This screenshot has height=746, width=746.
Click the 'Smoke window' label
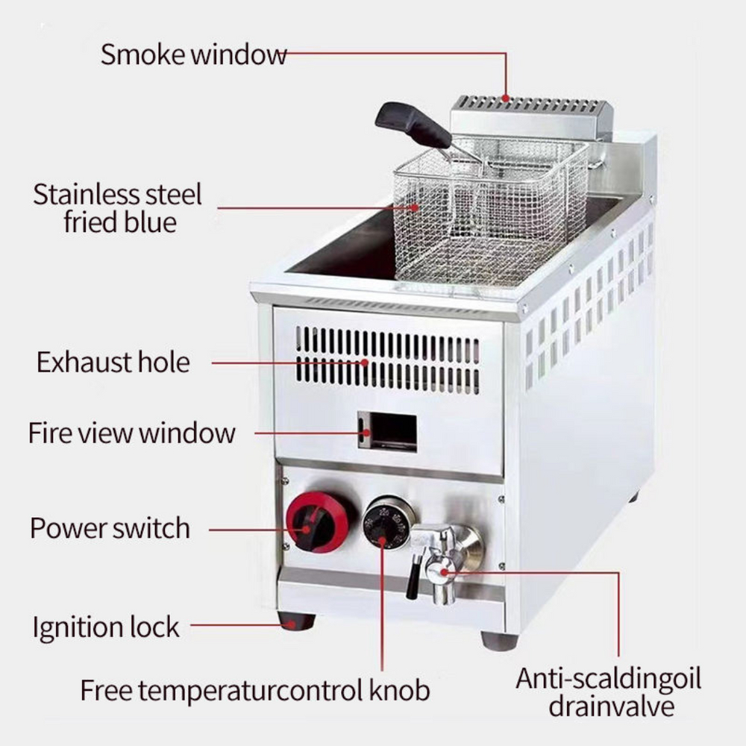coord(194,54)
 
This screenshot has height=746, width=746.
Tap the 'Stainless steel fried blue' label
coord(118,208)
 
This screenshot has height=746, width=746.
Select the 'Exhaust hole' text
coord(113,362)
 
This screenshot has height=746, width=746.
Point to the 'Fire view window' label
coord(132,433)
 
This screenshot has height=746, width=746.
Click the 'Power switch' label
coord(110,528)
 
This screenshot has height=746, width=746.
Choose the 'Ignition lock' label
coord(106,627)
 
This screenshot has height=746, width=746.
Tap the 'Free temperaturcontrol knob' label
coord(255,690)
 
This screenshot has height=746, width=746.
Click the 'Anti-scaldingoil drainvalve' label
coord(609,692)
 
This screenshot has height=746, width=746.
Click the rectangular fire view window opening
coord(387,432)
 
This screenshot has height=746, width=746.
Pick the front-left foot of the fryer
coord(296,621)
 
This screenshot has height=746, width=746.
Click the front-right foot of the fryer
coord(500,640)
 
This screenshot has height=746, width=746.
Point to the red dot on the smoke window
coord(506,99)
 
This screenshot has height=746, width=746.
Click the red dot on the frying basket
coord(416,207)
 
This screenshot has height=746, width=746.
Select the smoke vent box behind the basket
coord(531,118)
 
